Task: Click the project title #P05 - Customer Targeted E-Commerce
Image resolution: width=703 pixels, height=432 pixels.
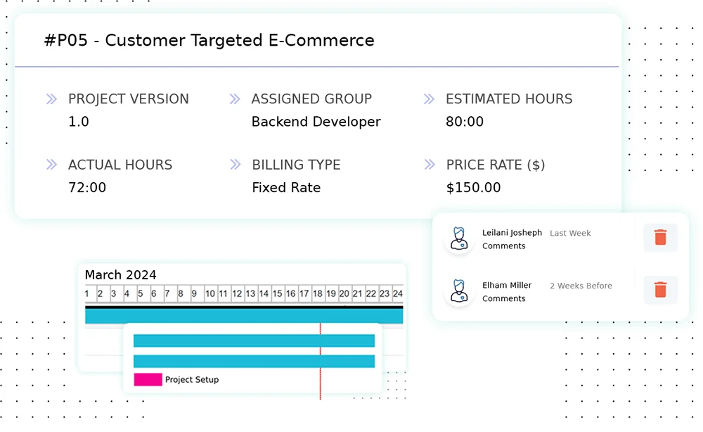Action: tap(209, 41)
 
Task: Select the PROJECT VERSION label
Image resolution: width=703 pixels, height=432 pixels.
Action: tap(128, 99)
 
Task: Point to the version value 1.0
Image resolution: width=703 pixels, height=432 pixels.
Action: tap(79, 122)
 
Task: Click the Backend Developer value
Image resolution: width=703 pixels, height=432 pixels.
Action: tap(316, 122)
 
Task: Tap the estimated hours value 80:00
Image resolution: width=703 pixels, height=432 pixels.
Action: tap(465, 122)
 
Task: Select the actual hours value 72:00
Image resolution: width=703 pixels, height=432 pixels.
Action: tap(87, 188)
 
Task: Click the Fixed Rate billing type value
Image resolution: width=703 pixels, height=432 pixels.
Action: tap(286, 188)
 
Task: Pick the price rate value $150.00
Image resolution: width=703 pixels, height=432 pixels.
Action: tap(473, 188)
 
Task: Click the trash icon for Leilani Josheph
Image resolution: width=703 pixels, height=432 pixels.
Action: tap(660, 237)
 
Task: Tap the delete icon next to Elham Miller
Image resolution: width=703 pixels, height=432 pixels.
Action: tap(660, 289)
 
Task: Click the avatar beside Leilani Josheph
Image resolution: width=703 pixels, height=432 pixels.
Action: tap(459, 239)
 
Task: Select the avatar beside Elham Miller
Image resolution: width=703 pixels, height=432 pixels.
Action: tap(459, 291)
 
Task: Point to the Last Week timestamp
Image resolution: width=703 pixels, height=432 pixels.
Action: tap(570, 233)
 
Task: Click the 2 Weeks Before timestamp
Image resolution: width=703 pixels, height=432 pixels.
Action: tap(581, 286)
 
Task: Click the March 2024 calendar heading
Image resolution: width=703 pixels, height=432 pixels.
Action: tap(121, 275)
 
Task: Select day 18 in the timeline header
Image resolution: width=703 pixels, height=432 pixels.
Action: tap(318, 293)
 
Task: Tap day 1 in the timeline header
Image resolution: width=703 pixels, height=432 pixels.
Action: tap(87, 293)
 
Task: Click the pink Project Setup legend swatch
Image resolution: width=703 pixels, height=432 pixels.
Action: tap(148, 379)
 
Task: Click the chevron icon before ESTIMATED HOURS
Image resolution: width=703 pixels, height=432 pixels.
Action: tap(429, 99)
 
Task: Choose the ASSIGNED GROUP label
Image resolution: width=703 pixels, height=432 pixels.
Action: tap(311, 99)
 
